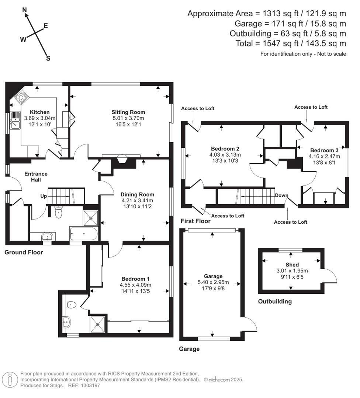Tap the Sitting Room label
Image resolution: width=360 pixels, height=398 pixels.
click(x=128, y=112)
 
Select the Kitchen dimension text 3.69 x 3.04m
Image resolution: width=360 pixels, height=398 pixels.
click(x=39, y=118)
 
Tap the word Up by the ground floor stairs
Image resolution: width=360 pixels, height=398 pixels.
click(x=44, y=196)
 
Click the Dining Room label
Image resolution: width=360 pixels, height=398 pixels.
click(x=138, y=194)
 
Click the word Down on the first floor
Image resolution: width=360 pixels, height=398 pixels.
click(x=281, y=195)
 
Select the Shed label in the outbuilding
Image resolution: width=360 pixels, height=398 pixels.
click(x=292, y=265)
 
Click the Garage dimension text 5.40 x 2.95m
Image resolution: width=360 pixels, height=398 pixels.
click(x=213, y=282)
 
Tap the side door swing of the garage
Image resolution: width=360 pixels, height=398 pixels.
click(x=251, y=324)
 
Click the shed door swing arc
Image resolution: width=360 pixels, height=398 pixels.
click(x=331, y=276)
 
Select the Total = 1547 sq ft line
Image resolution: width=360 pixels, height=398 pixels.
click(x=291, y=43)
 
